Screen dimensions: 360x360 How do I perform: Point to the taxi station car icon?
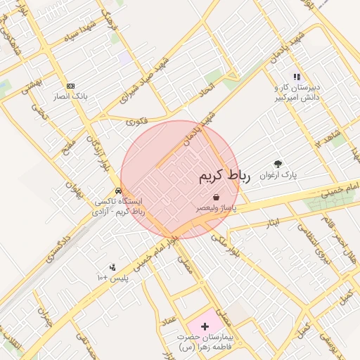[119, 191]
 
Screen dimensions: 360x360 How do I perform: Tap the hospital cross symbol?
[205, 327]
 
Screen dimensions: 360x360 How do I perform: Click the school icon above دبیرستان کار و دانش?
[297, 77]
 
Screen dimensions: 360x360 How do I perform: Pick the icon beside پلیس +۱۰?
[112, 266]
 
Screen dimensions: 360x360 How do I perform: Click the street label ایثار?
[273, 223]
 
